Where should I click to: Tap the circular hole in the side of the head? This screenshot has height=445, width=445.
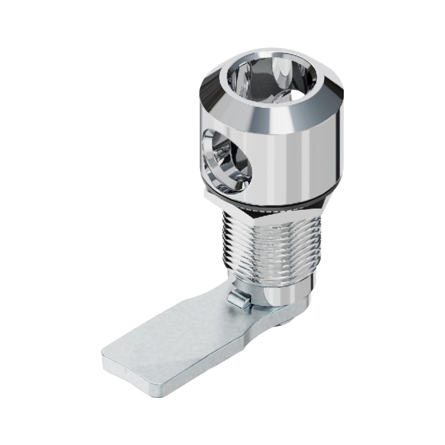pyautogui.click(x=225, y=157)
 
